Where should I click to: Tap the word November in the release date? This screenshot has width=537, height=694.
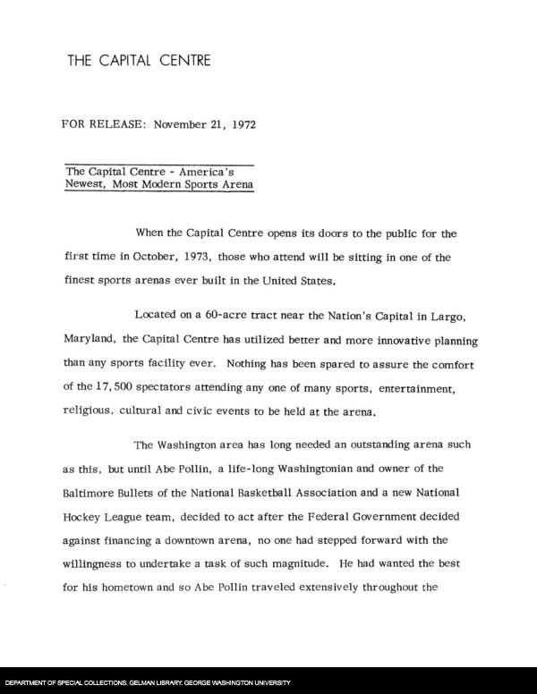[x=182, y=124]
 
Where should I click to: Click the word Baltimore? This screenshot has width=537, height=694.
[x=91, y=492]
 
